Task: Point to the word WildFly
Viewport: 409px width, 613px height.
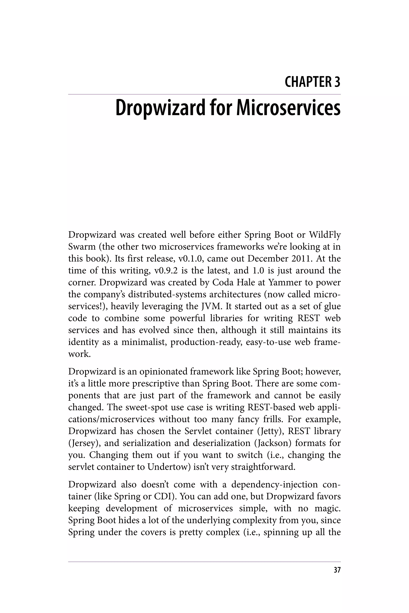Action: [325, 235]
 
